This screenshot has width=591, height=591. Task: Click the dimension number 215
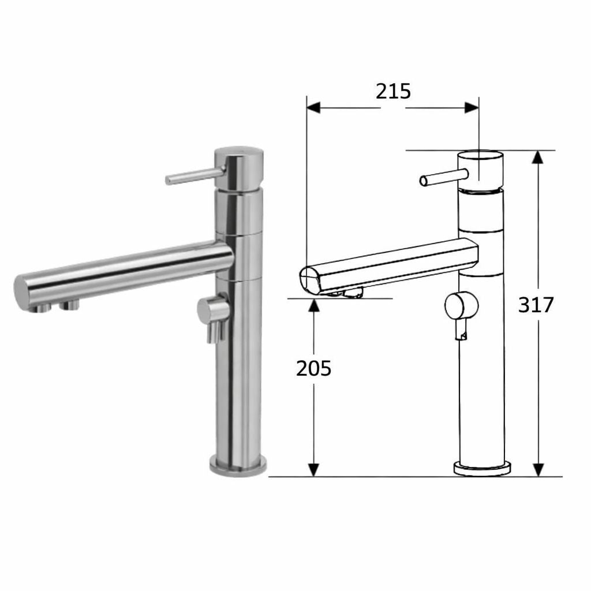[x=393, y=92]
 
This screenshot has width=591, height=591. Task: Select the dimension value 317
[x=536, y=305]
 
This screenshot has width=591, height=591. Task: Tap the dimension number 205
[x=313, y=369]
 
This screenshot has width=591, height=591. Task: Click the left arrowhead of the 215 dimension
[x=313, y=107]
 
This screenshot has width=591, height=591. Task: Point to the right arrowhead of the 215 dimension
[x=472, y=107]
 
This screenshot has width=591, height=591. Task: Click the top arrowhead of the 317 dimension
[x=538, y=157]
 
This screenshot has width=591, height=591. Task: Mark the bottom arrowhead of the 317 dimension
[x=538, y=470]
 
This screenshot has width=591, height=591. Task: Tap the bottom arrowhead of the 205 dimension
[x=313, y=470]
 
